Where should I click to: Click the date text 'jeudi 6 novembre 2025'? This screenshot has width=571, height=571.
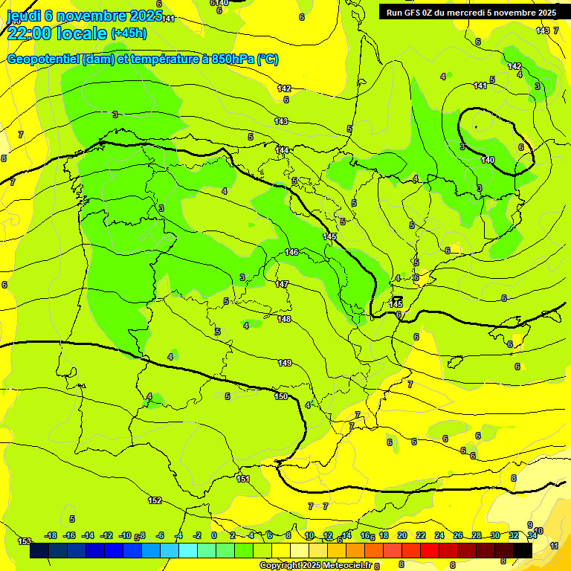tap(81, 16)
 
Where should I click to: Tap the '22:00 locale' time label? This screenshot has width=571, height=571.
tap(56, 33)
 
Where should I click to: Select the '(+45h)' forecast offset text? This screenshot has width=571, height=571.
tap(129, 33)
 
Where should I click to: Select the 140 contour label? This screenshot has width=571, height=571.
tap(488, 160)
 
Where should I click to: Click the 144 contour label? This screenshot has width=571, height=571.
tap(282, 150)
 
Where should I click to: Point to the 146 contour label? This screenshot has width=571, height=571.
tap(291, 253)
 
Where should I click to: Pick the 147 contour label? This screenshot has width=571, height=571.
tap(282, 284)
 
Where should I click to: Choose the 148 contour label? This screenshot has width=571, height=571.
tap(284, 319)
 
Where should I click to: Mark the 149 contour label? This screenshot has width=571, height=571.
tap(285, 363)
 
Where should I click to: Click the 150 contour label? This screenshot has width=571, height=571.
tap(281, 396)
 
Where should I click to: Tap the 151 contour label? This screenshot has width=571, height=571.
tap(243, 479)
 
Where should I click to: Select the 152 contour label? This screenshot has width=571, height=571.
tap(155, 500)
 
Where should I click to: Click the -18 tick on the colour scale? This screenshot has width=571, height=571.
tap(51, 535)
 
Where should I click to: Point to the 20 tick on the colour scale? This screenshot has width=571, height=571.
tap(402, 535)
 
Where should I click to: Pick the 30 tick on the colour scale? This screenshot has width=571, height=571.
tap(495, 535)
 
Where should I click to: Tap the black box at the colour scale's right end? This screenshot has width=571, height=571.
tap(523, 550)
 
